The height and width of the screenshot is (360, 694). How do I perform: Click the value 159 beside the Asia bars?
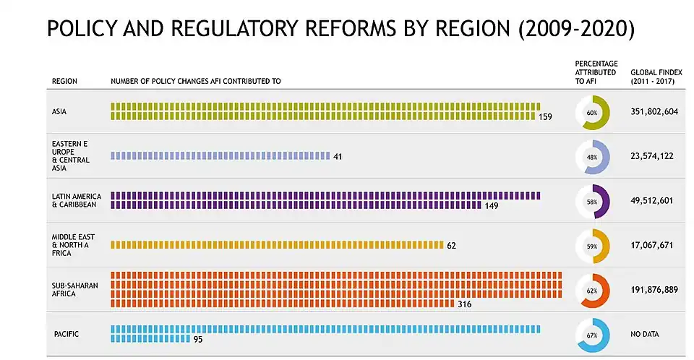[545, 116]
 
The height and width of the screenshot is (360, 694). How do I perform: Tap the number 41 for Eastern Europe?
[338, 156]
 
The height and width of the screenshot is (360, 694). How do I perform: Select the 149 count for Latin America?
[492, 205]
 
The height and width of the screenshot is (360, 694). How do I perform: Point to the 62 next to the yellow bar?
[451, 245]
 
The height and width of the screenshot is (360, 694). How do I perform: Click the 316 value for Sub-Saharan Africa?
[464, 304]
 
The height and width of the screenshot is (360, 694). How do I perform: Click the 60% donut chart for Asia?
[592, 113]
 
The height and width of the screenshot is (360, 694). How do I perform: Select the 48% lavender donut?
[592, 157]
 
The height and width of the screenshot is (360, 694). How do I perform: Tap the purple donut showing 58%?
[592, 202]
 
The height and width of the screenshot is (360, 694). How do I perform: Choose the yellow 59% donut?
[592, 246]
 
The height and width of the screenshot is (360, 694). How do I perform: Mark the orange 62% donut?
[592, 291]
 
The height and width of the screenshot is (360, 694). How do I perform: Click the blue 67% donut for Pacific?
[592, 335]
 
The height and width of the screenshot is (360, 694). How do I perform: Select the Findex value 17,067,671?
[651, 245]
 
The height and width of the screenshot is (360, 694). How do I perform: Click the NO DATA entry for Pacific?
[645, 334]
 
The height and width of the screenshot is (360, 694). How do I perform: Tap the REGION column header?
[64, 81]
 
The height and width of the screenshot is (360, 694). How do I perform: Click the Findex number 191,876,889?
[654, 290]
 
